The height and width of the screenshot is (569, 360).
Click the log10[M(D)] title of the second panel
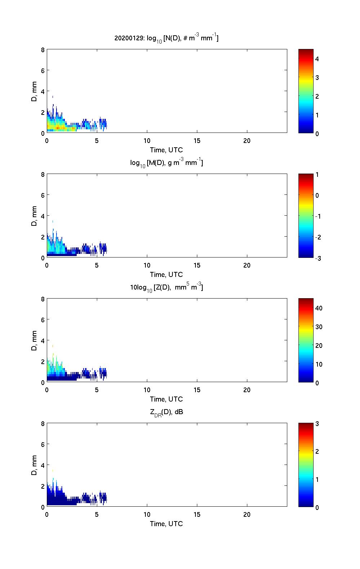pos(166,163)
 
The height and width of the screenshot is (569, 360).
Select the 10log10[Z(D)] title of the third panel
pos(166,287)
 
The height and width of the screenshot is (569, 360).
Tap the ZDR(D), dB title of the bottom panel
pos(166,412)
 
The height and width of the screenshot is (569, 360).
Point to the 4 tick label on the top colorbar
pos(317,59)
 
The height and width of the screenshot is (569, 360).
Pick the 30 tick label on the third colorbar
pos(319,327)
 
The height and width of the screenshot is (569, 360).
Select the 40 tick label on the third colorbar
pos(319,308)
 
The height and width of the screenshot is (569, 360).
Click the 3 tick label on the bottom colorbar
pos(317,424)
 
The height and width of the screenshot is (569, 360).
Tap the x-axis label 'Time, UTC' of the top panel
pos(166,150)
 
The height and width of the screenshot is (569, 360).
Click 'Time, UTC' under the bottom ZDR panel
pos(166,524)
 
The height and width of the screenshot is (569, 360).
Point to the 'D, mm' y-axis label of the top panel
pos(35,91)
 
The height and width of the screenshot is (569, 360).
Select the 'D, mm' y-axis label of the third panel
pos(35,340)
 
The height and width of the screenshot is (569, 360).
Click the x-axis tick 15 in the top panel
pos(197,141)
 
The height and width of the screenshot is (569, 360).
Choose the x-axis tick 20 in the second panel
pos(247,265)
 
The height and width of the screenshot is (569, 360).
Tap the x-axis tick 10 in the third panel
pos(147,390)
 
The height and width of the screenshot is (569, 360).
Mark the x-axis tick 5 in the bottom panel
pos(97,515)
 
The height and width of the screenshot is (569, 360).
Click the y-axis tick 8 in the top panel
pos(43,50)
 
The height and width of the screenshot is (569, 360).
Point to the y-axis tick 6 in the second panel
pos(43,195)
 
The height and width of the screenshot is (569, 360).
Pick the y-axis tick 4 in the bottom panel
pos(43,465)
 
